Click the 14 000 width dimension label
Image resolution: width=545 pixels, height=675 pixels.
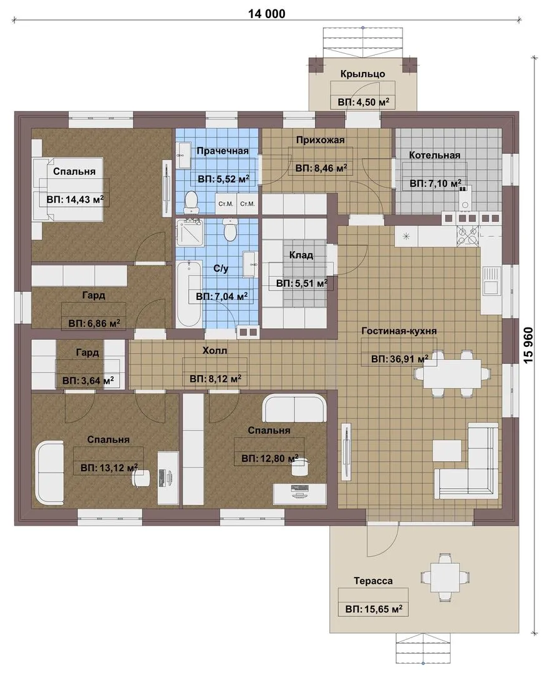click(x=266, y=14)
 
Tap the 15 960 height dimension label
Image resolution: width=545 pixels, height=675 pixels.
click(x=529, y=344)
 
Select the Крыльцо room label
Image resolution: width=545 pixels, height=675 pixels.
click(x=362, y=74)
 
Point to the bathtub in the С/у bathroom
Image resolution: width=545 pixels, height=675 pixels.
click(x=189, y=294)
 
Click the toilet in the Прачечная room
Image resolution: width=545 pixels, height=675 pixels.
click(x=190, y=202)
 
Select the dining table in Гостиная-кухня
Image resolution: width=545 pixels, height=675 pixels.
click(x=452, y=372)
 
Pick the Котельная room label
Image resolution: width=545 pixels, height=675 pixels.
click(x=434, y=155)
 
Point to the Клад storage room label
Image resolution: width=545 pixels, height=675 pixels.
click(x=301, y=255)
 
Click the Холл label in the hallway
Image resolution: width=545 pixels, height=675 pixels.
click(x=214, y=351)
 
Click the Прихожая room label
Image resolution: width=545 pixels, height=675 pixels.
click(x=320, y=140)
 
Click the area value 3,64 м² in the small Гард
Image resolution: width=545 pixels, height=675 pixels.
click(x=88, y=381)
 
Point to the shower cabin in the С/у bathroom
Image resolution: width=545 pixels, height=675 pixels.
click(x=189, y=232)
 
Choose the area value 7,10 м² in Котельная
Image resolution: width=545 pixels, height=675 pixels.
click(x=435, y=183)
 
